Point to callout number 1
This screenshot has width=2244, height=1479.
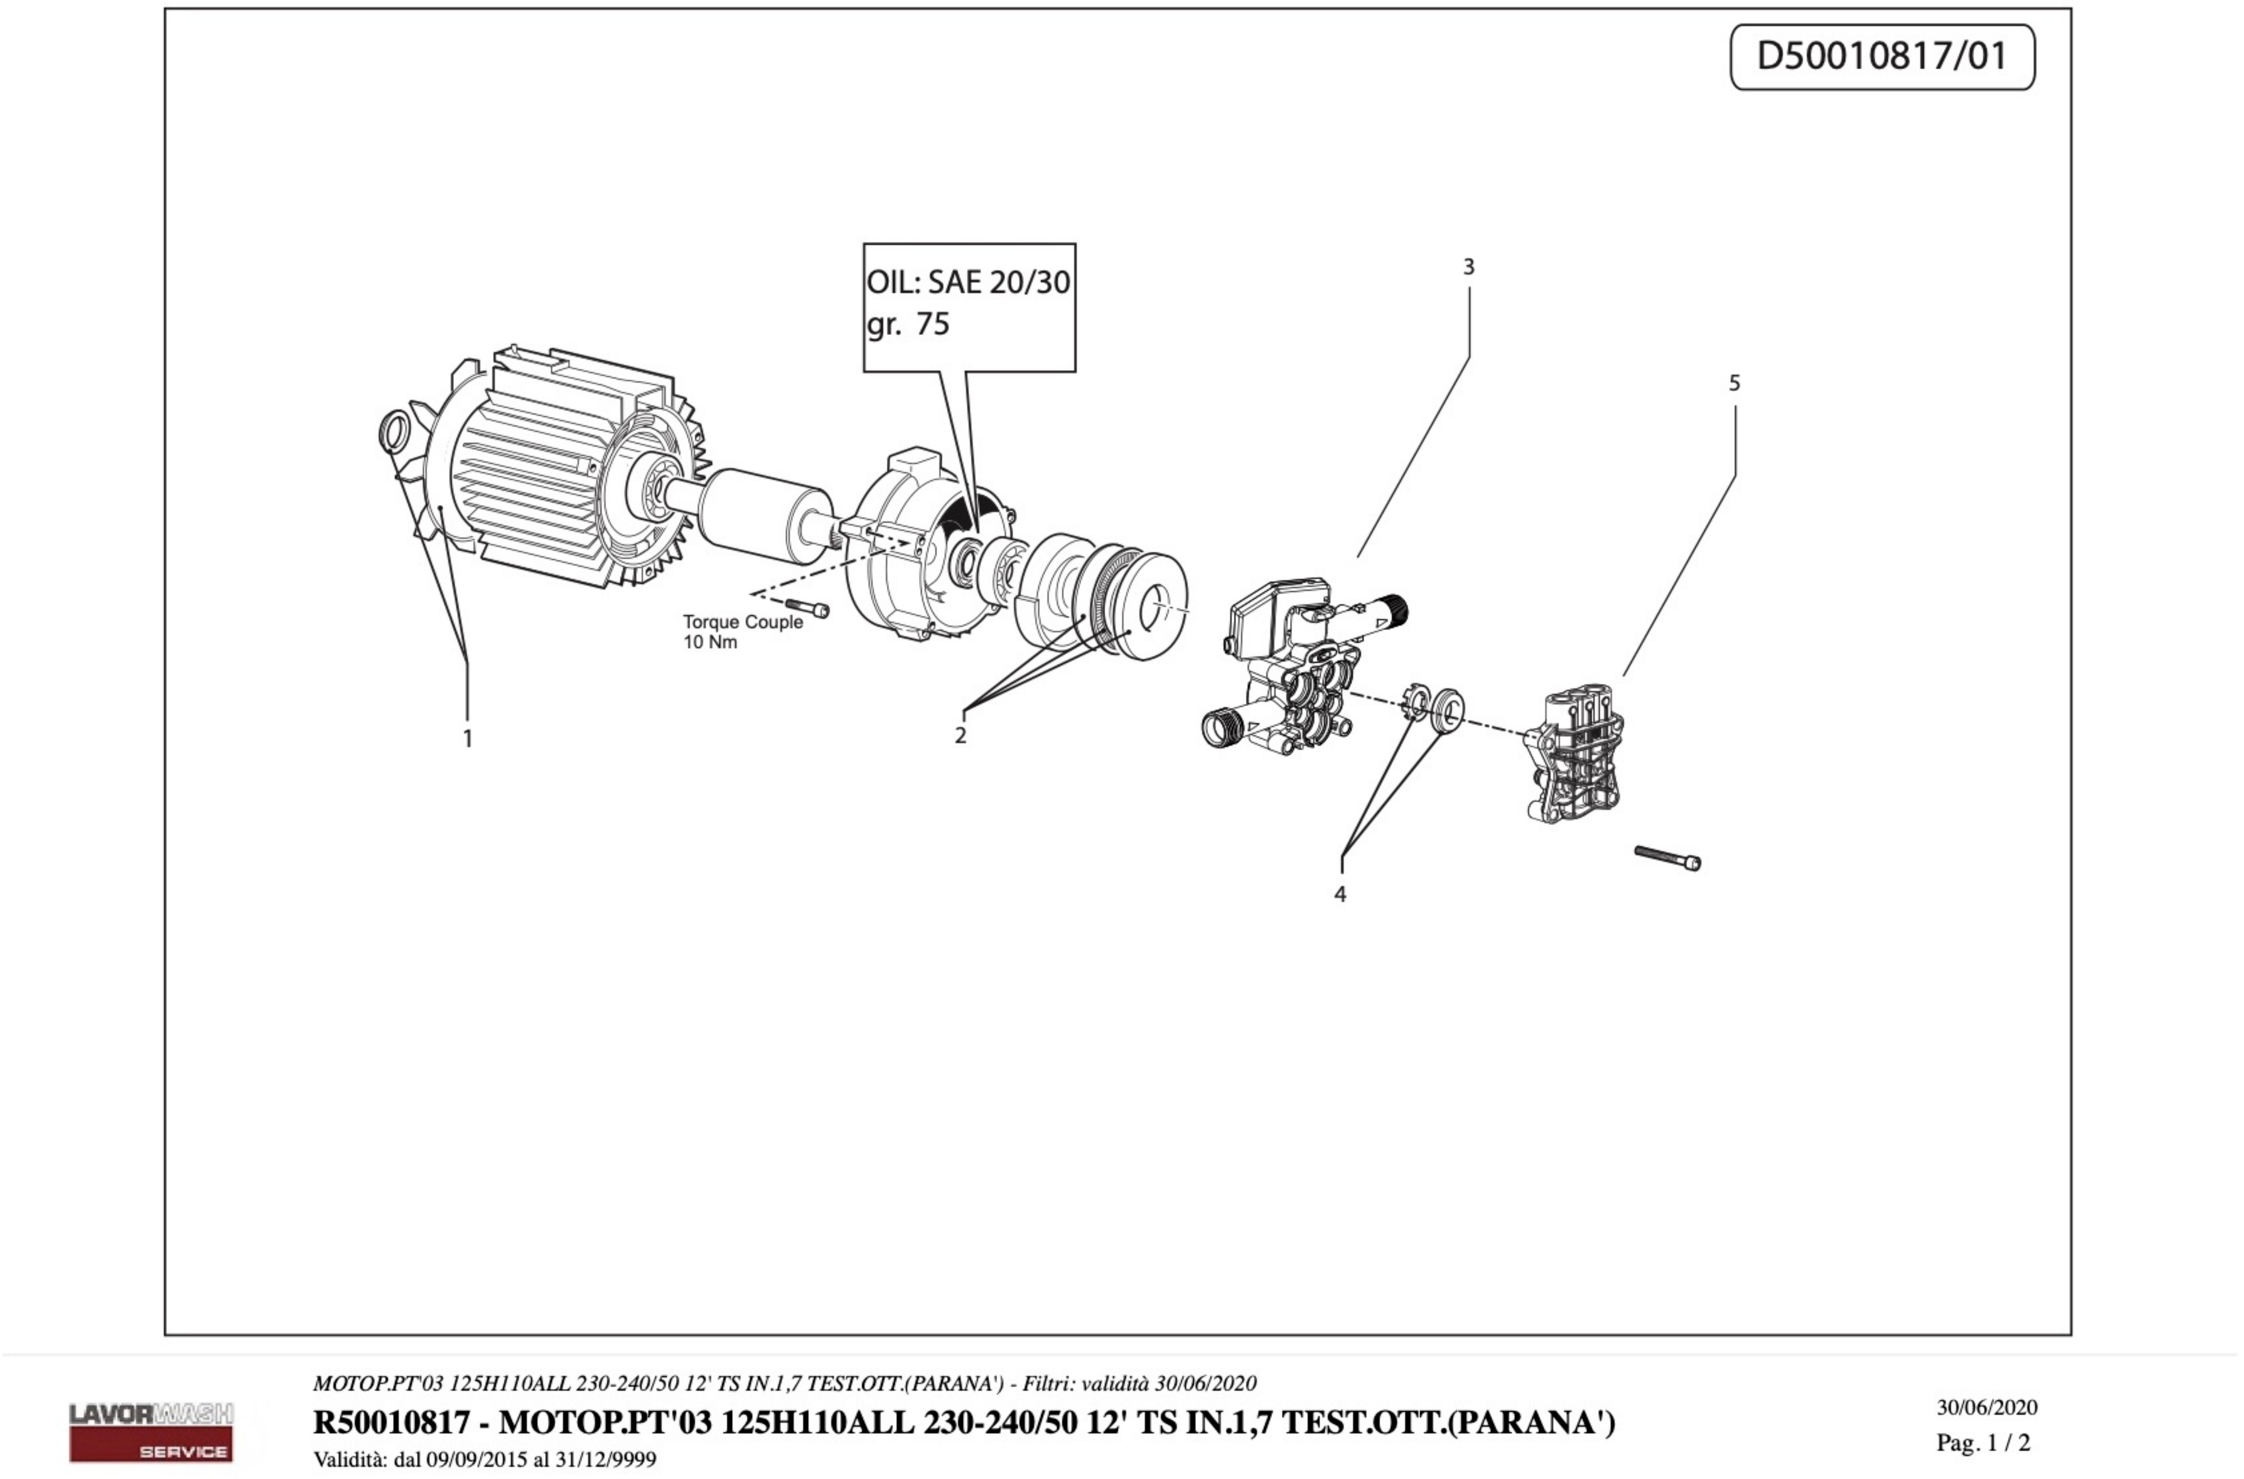pyautogui.click(x=468, y=739)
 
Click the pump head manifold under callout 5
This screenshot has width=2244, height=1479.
pyautogui.click(x=1574, y=754)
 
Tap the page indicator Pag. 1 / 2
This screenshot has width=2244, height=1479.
pyautogui.click(x=1983, y=1442)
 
